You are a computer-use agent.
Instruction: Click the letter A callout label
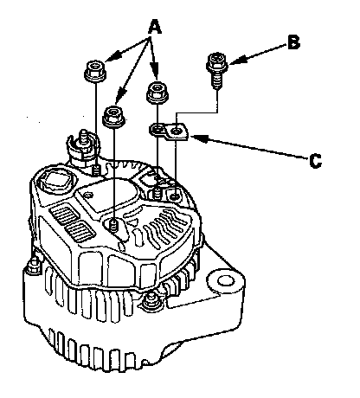pyautogui.click(x=155, y=27)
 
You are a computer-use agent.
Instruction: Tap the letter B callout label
pyautogui.click(x=293, y=42)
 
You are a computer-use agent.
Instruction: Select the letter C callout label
pyautogui.click(x=315, y=161)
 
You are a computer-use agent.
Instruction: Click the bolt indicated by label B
pyautogui.click(x=217, y=70)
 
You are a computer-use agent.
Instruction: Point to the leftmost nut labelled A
pyautogui.click(x=95, y=71)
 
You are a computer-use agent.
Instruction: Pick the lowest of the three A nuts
pyautogui.click(x=114, y=116)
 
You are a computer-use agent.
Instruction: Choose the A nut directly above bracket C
pyautogui.click(x=157, y=92)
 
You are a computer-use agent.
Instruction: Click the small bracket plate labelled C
pyautogui.click(x=169, y=132)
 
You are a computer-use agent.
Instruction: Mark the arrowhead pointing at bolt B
pyautogui.click(x=236, y=61)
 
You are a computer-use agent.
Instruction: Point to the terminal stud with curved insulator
pyautogui.click(x=82, y=147)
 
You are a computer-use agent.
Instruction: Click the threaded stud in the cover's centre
pyautogui.click(x=114, y=225)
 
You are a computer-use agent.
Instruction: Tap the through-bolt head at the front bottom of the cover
pyautogui.click(x=151, y=300)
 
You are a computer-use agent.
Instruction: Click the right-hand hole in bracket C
pyautogui.click(x=177, y=132)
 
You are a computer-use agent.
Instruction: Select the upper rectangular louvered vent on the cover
pyautogui.click(x=64, y=215)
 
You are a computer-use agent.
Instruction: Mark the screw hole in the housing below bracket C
pyautogui.click(x=175, y=197)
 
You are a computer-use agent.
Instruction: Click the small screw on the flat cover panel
pyautogui.click(x=88, y=195)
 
